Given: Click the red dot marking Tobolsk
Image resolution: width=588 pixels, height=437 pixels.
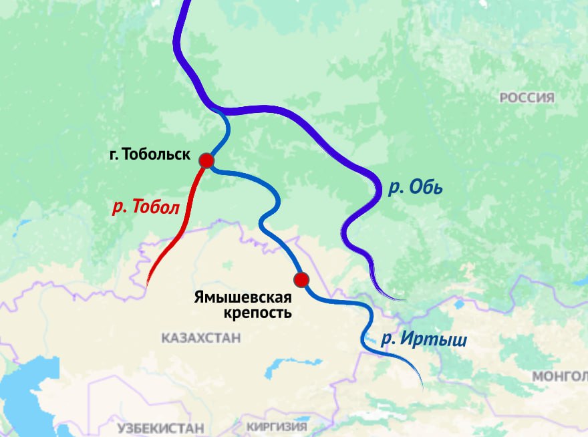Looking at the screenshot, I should coord(206,160).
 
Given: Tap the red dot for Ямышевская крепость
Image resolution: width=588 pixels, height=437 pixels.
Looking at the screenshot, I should coord(301,279).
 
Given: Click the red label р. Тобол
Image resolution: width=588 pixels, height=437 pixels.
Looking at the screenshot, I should coord(146,207).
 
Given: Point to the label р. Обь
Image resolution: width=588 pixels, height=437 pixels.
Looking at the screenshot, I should coord(416,188).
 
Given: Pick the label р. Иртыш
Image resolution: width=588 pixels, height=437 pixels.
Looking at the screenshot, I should coord(424,339).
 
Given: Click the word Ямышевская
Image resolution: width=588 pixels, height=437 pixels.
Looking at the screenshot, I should coord(243,297).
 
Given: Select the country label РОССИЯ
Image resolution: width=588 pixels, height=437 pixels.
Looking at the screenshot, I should coord(527,98).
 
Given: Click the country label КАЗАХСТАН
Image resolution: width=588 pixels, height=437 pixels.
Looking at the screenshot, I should coord(200,339).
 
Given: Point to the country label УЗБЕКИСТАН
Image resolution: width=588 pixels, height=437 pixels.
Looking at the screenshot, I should coord(160,428).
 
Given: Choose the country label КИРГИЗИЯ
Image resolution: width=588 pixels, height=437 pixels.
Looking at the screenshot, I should coord(277,426).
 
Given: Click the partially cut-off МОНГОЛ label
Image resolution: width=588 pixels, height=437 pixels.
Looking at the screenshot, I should coord(559,377).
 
